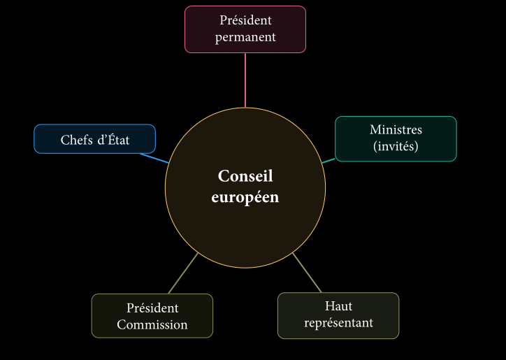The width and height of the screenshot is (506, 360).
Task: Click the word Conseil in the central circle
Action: point(245,176)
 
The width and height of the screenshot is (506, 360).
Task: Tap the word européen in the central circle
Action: point(245,197)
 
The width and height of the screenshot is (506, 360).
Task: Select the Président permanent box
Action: point(245,29)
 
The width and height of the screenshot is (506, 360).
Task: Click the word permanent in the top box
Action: point(245,37)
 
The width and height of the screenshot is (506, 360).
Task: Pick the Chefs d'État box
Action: point(95,138)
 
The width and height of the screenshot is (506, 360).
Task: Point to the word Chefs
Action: point(76,140)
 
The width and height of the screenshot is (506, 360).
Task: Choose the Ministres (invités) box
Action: point(396,138)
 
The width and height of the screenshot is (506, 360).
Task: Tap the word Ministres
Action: point(396,130)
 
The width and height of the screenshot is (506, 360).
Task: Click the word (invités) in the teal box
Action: point(396,147)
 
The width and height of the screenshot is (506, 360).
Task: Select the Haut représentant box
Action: point(338,315)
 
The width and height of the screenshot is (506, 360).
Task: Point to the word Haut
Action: point(338,306)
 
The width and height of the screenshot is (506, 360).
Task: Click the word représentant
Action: point(338,323)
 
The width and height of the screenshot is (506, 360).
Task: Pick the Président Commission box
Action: point(152,316)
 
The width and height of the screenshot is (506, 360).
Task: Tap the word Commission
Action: point(152,324)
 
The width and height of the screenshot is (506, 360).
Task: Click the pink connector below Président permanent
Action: point(245,80)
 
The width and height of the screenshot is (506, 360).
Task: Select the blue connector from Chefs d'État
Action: point(154,158)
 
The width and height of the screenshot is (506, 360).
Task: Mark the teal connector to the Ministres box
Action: point(328,160)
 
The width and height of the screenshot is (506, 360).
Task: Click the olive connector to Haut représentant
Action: point(307,273)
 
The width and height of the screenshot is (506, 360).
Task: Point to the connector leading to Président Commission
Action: point(183,273)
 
